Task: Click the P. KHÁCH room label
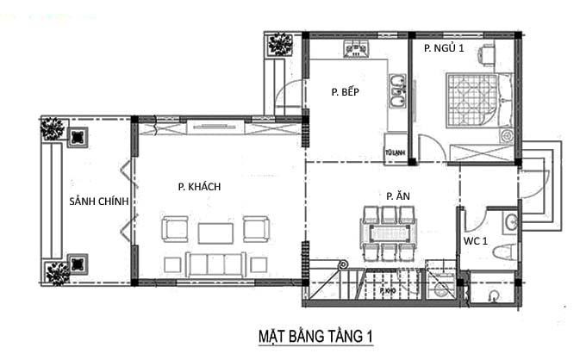pyautogui.click(x=200, y=187)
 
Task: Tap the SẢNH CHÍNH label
pyautogui.click(x=99, y=202)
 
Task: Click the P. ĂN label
pyautogui.click(x=397, y=196)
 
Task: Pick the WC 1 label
pyautogui.click(x=477, y=241)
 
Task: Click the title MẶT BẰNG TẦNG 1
pyautogui.click(x=316, y=334)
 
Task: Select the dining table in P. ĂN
pyautogui.click(x=388, y=233)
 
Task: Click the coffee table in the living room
pyautogui.click(x=215, y=233)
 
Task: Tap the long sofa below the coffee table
pyautogui.click(x=215, y=264)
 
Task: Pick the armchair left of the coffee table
pyautogui.click(x=176, y=229)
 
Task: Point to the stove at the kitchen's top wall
pyautogui.click(x=358, y=48)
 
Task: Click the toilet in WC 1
pyautogui.click(x=508, y=251)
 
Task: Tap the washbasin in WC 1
pyautogui.click(x=511, y=222)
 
